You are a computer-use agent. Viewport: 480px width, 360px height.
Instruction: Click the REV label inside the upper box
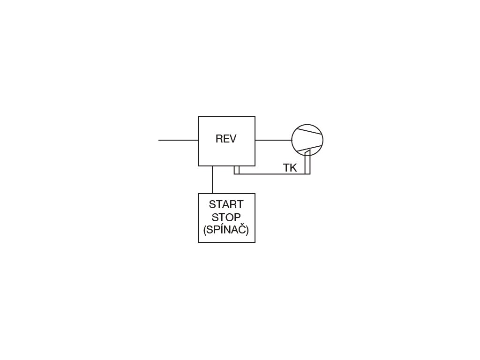click(226, 139)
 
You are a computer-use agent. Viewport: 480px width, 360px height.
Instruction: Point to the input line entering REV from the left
click(178, 140)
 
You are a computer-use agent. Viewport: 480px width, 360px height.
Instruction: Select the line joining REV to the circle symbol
click(273, 140)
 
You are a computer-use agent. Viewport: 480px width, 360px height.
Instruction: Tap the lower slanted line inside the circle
click(313, 149)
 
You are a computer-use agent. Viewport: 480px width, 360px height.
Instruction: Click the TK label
click(290, 168)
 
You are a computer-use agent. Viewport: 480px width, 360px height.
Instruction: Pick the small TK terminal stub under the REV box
click(237, 170)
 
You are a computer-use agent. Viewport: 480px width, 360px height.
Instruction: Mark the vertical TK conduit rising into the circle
click(307, 162)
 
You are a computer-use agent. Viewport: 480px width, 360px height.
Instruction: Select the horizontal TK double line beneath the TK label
click(272, 173)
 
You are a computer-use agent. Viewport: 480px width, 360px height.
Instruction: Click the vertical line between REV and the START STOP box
click(212, 180)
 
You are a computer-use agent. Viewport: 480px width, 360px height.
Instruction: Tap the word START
click(226, 205)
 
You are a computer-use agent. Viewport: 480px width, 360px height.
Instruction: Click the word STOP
click(226, 217)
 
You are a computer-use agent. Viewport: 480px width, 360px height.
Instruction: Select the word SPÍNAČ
click(226, 230)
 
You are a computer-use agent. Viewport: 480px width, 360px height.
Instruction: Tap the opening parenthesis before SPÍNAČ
click(205, 231)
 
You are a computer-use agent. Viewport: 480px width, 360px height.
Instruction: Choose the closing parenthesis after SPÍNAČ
click(247, 231)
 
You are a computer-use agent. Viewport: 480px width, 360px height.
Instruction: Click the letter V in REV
click(232, 139)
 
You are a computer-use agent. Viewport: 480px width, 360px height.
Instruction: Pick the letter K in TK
click(293, 168)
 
